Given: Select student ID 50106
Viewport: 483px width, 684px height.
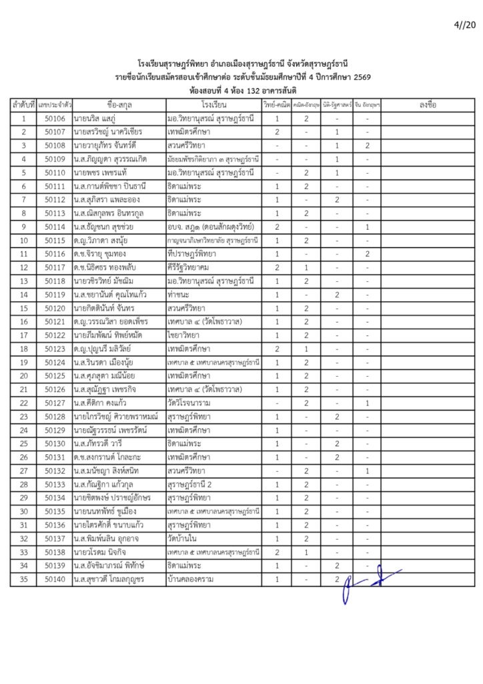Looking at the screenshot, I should (55, 119).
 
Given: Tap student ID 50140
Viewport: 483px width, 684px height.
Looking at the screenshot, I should (55, 580).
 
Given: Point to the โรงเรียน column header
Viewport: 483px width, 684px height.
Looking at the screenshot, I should (214, 105).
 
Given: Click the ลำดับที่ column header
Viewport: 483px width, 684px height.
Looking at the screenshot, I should (23, 105).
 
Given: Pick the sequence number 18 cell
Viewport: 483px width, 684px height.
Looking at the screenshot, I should (23, 349).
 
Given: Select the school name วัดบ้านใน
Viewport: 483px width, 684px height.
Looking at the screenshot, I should (183, 539).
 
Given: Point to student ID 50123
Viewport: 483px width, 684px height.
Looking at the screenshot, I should (55, 349).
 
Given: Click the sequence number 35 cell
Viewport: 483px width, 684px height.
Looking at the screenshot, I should (23, 580).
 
